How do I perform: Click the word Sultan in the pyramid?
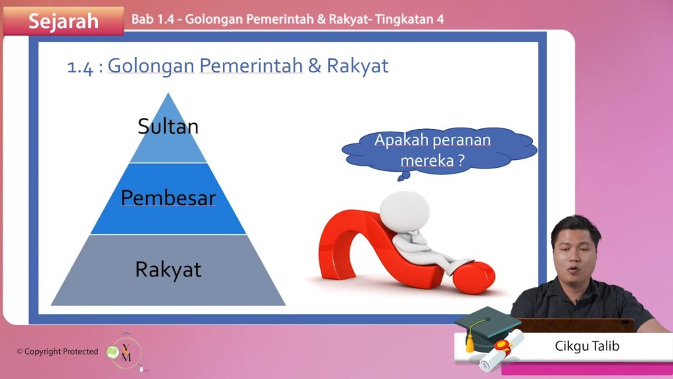point(168,126)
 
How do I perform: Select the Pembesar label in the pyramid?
point(168,198)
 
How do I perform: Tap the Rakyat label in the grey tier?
point(168,270)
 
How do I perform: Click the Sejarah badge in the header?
point(64,20)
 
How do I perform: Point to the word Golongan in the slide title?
point(151,66)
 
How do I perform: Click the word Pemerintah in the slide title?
point(251,66)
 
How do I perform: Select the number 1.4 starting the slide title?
point(80,68)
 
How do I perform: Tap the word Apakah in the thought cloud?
point(401,140)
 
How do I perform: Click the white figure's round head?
point(405,211)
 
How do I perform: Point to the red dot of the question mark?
point(474,277)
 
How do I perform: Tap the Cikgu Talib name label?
point(587,346)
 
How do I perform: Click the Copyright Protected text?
point(58,351)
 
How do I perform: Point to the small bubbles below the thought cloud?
point(404,176)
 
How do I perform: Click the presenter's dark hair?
point(576,228)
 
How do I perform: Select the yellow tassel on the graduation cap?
point(471,340)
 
